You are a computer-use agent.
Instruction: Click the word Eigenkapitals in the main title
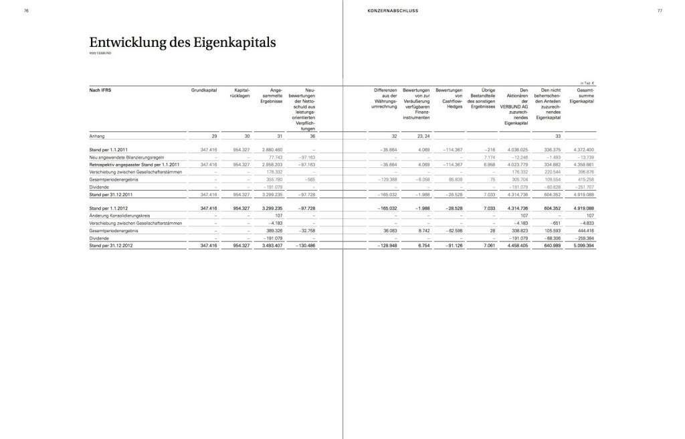point(231,42)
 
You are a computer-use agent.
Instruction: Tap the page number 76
point(26,11)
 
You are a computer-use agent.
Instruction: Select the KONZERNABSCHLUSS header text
point(393,11)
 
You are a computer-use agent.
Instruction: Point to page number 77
point(660,11)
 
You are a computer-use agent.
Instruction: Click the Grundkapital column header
point(203,90)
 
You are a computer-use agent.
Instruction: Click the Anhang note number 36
point(311,136)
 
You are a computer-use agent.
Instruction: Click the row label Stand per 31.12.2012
point(112,246)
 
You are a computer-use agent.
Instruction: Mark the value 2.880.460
point(271,149)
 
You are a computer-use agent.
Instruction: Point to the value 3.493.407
point(271,246)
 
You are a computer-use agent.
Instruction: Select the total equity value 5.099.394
point(581,246)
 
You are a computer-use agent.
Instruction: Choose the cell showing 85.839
point(454,179)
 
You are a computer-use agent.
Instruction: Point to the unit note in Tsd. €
point(587,83)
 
